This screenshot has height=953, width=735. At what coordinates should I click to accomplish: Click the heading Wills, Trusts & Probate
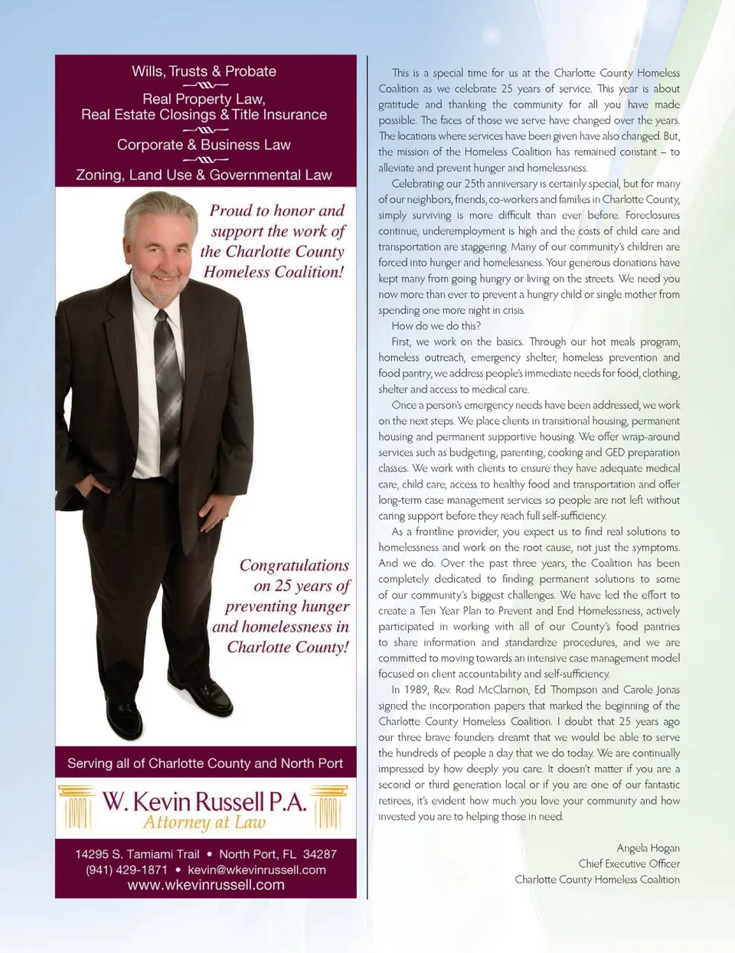[204, 71]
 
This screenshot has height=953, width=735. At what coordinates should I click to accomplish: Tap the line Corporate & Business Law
[204, 145]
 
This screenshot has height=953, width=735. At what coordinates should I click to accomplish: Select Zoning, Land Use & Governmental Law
[204, 175]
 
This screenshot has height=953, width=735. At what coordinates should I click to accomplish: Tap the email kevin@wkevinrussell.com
[256, 870]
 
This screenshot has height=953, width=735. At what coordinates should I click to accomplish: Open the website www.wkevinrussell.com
[206, 885]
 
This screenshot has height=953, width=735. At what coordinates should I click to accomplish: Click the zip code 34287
[319, 853]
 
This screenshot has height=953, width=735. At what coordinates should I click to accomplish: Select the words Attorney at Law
[204, 823]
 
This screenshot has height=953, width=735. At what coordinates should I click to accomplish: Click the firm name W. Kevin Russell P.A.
[204, 801]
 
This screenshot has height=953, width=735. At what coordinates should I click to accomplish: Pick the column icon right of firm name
[329, 807]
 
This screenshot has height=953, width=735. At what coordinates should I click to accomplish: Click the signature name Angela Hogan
[648, 847]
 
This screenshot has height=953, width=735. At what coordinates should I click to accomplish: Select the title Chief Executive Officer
[629, 863]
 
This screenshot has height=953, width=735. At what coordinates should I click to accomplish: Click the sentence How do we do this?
[436, 326]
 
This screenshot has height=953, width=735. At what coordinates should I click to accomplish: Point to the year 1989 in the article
[415, 690]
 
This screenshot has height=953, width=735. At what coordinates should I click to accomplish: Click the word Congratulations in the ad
[294, 566]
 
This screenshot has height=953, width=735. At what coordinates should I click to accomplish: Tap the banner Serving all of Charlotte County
[205, 763]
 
